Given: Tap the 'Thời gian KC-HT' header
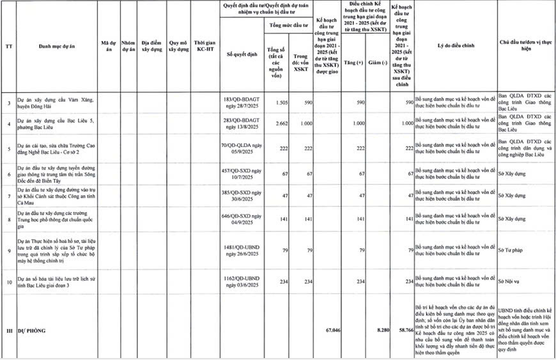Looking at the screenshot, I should [205, 46].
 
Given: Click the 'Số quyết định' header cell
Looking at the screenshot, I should [241, 54].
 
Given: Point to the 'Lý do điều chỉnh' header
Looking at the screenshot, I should [454, 46].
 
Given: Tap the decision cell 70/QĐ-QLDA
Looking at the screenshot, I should [241, 148].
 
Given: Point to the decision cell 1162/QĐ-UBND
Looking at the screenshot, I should [241, 282].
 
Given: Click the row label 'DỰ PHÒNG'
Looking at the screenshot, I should [33, 331].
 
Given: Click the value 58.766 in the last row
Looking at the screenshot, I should [402, 331].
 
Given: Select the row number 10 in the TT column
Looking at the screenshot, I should [8, 282].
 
